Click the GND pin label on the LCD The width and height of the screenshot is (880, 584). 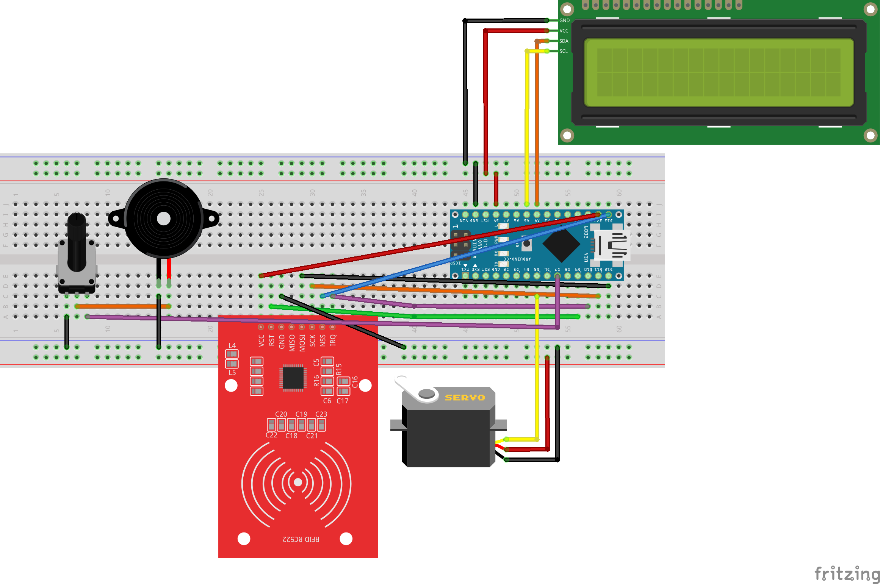tap(564, 20)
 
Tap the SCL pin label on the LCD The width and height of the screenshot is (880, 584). tap(564, 51)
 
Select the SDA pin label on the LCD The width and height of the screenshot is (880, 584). tap(564, 41)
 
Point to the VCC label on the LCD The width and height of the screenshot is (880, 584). tap(564, 31)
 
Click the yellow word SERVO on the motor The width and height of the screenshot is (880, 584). tap(465, 398)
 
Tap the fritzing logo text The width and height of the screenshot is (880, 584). tap(847, 574)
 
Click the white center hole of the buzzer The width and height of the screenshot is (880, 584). tap(163, 219)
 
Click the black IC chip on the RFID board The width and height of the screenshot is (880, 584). tap(293, 377)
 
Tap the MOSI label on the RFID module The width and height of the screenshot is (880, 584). tap(302, 343)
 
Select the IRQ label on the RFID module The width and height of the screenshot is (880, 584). tap(333, 340)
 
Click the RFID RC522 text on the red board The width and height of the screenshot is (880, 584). tap(301, 539)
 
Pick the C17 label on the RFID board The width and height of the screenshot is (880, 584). tap(342, 401)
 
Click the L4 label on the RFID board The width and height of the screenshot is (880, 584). tap(232, 345)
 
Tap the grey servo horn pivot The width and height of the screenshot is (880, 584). tap(427, 393)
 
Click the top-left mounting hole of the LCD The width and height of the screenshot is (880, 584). tap(567, 9)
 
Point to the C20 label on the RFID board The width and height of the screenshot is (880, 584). tap(281, 414)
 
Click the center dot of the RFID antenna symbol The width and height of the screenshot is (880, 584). tap(298, 482)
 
